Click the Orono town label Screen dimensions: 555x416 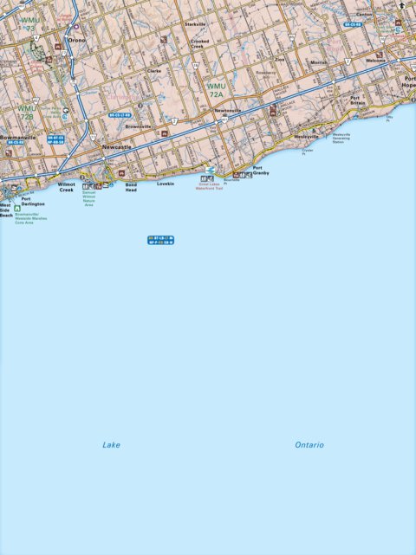(x=78, y=40)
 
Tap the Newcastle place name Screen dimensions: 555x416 (x=115, y=147)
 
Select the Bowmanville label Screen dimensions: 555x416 (x=18, y=137)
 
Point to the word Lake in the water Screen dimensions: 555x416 (x=111, y=445)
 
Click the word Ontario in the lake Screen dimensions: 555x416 (x=309, y=445)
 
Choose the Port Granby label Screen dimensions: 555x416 (x=261, y=171)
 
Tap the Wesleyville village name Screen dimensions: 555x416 (x=307, y=136)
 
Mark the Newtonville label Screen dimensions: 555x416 (x=228, y=111)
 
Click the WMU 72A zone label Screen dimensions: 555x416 (x=216, y=89)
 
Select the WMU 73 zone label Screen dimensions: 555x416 (x=30, y=23)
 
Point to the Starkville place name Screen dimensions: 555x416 (x=195, y=24)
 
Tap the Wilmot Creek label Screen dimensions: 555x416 (x=67, y=186)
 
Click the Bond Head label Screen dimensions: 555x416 (x=131, y=186)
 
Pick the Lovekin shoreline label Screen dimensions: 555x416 (x=166, y=184)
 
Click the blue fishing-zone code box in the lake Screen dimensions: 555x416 (x=161, y=240)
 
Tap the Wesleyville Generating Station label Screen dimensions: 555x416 (x=341, y=138)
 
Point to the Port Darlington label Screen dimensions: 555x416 (x=33, y=201)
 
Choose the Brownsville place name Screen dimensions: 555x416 (x=139, y=126)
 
